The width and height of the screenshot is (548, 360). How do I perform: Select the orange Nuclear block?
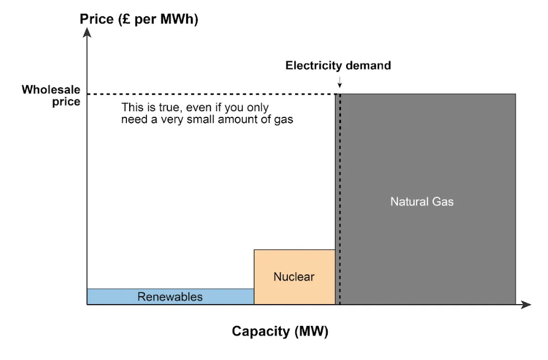(294, 263)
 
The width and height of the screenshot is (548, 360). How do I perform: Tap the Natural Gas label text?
(422, 201)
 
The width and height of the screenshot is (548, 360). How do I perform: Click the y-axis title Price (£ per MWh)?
(139, 20)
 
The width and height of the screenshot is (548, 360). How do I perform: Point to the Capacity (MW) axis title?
(280, 331)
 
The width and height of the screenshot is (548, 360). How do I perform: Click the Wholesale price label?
(51, 96)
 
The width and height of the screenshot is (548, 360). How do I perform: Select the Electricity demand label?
(338, 65)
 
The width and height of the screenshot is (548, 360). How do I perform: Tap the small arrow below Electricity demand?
(339, 83)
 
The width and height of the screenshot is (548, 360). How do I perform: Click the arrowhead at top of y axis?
(87, 32)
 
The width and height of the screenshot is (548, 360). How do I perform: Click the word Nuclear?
(294, 277)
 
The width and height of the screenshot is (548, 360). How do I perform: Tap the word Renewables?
(170, 297)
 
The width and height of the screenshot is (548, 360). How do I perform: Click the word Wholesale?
(51, 89)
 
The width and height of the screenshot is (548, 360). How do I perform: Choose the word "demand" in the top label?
(368, 65)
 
